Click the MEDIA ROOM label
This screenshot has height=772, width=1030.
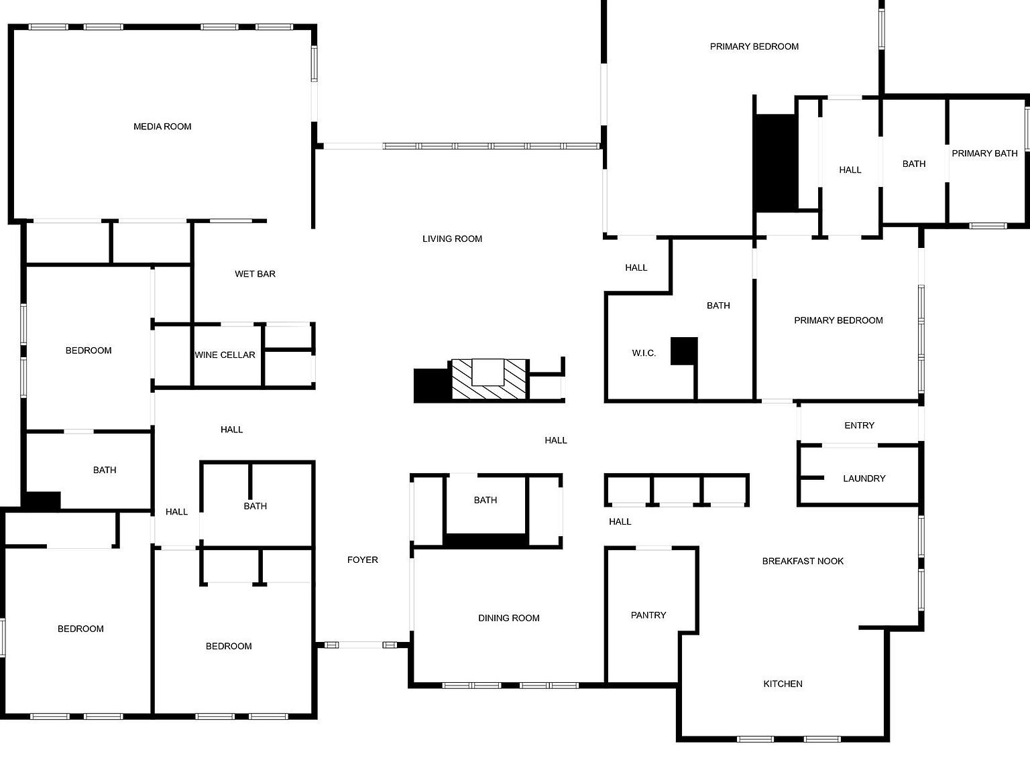pyautogui.click(x=162, y=127)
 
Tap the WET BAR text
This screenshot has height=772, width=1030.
pyautogui.click(x=255, y=273)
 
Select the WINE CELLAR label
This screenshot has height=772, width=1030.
pyautogui.click(x=225, y=355)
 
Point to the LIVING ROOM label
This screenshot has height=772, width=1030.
pyautogui.click(x=452, y=239)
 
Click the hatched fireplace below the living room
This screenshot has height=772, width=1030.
pyautogui.click(x=488, y=379)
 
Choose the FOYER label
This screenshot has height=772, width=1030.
pyautogui.click(x=362, y=560)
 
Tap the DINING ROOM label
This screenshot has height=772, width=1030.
pyautogui.click(x=509, y=618)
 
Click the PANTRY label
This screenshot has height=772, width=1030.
pyautogui.click(x=648, y=615)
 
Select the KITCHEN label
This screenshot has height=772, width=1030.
pyautogui.click(x=783, y=684)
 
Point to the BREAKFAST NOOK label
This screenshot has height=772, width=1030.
pyautogui.click(x=803, y=561)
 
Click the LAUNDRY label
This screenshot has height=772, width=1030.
pyautogui.click(x=864, y=478)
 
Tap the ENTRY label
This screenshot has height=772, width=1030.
pyautogui.click(x=859, y=425)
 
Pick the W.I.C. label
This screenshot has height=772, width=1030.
pyautogui.click(x=643, y=353)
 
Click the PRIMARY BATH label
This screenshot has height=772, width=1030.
pyautogui.click(x=984, y=153)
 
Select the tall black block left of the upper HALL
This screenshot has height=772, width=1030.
pyautogui.click(x=775, y=162)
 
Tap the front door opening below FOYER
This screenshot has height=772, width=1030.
pyautogui.click(x=361, y=645)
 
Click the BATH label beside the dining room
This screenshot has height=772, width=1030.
pyautogui.click(x=485, y=500)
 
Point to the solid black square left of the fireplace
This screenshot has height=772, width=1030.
pyautogui.click(x=432, y=385)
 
